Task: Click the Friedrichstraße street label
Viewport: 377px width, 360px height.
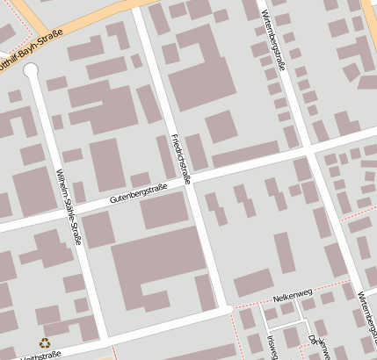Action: [x=180, y=159]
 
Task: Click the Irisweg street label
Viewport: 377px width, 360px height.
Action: [x=272, y=346]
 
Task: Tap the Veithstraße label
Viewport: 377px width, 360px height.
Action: [x=40, y=356]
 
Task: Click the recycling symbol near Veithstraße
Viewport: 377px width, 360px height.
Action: [x=44, y=343]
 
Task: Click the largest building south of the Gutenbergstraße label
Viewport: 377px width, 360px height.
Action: [x=158, y=268]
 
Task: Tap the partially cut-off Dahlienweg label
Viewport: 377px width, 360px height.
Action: [x=313, y=348]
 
